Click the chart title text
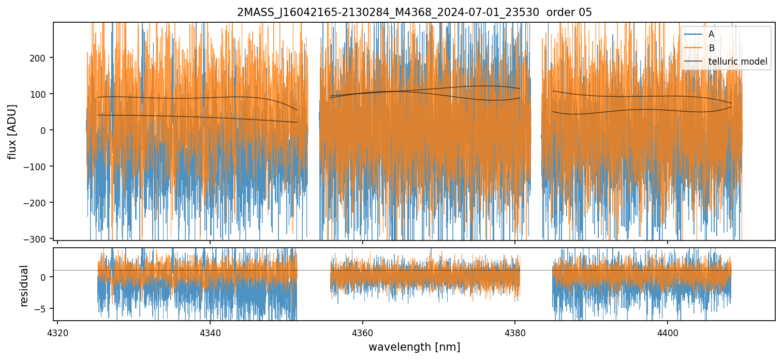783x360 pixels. (414, 12)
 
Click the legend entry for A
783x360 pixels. (711, 34)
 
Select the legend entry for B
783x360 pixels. (711, 48)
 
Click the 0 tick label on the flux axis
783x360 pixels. (45, 130)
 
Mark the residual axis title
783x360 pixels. (24, 286)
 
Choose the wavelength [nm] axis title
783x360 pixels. (414, 347)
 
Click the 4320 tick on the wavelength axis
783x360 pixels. (57, 332)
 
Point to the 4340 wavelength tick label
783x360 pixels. (210, 332)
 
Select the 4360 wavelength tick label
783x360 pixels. (362, 332)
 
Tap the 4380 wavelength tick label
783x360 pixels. (515, 332)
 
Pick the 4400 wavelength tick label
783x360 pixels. (667, 332)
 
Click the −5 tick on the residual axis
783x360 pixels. (42, 308)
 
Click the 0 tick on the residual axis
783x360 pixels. (45, 277)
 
